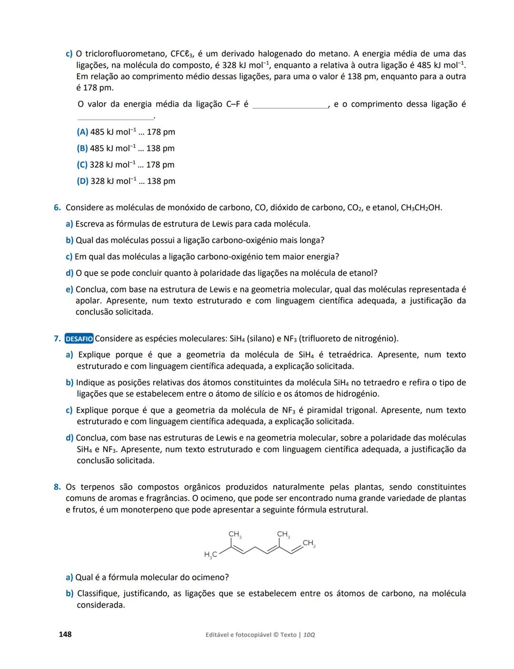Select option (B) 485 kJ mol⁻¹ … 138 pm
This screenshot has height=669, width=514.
point(126,148)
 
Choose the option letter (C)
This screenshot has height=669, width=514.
point(82,165)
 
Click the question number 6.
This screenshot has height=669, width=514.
point(57,208)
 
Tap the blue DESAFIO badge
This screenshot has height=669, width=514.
point(79,339)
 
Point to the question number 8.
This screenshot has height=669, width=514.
point(57,487)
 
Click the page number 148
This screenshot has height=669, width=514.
point(65,634)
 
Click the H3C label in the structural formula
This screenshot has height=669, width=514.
point(210,554)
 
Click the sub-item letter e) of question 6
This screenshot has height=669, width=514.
point(69,290)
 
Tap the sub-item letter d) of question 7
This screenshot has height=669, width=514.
point(69,438)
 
